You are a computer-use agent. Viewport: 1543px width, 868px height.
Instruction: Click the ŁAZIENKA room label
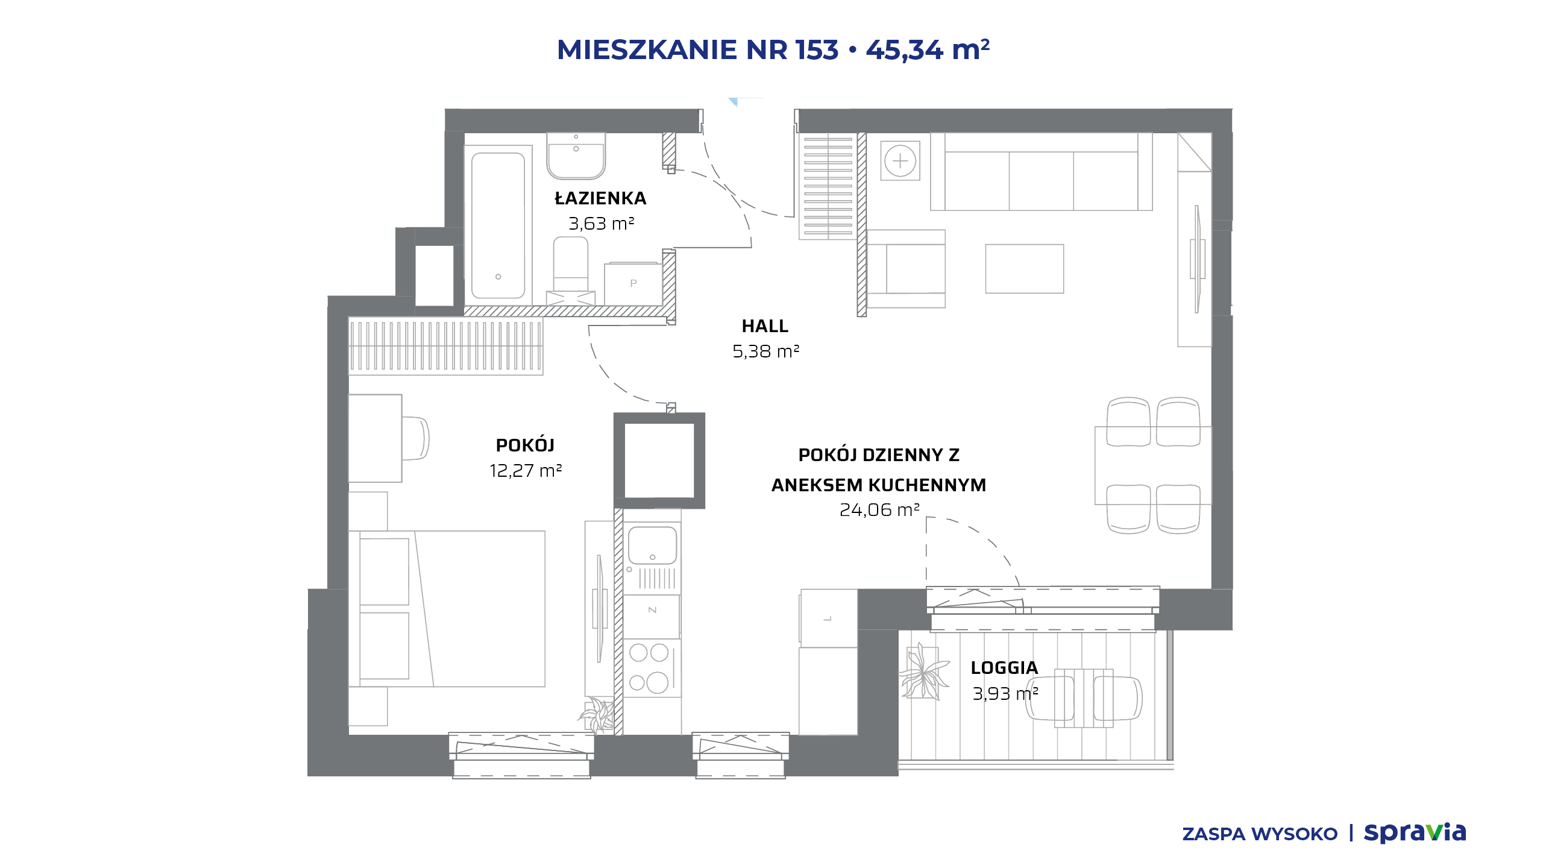click(x=600, y=198)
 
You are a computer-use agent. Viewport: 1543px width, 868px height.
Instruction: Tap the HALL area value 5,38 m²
click(x=765, y=351)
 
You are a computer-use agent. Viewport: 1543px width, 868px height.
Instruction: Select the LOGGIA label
click(x=1004, y=667)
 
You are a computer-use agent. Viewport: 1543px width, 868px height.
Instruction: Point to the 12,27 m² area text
click(x=526, y=470)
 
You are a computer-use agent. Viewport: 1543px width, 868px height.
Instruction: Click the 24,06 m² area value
click(x=879, y=510)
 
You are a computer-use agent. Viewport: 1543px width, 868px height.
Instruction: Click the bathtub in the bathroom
click(x=498, y=225)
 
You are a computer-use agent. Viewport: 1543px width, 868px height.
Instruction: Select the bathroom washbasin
click(x=576, y=156)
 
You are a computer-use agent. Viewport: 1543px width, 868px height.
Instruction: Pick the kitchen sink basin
click(x=652, y=545)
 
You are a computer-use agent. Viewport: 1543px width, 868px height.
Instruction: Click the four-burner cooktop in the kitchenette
click(x=652, y=668)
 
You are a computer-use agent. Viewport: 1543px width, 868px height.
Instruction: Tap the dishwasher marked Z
click(x=652, y=610)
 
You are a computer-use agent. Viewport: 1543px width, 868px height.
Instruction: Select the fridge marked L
click(x=828, y=618)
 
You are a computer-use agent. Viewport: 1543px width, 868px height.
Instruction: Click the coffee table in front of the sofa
click(x=1024, y=268)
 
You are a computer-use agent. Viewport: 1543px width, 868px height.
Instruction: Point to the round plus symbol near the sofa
click(x=900, y=161)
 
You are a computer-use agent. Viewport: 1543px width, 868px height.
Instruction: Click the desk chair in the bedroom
click(x=415, y=438)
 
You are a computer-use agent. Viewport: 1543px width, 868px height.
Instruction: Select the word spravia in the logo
click(x=1415, y=832)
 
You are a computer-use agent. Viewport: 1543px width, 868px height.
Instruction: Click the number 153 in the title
click(x=817, y=49)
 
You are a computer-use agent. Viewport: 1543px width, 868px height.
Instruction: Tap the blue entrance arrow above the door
click(x=733, y=101)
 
